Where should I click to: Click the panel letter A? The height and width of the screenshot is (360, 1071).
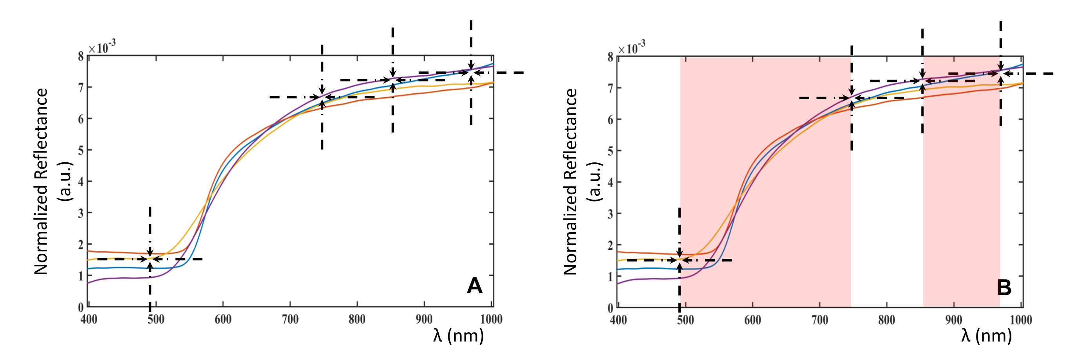474,286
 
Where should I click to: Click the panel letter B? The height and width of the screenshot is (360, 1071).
1004,287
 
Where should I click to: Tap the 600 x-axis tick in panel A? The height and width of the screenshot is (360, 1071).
223,319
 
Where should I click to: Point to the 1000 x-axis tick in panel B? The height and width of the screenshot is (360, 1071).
1021,320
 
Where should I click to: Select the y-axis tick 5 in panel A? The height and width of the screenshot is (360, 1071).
81,150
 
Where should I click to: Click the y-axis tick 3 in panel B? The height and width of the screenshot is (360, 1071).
610,214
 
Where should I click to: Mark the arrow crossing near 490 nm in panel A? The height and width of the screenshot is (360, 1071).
150,259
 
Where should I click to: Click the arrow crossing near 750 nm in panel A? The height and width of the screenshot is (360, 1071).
322,97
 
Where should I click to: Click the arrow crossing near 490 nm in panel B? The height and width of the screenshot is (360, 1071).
679,260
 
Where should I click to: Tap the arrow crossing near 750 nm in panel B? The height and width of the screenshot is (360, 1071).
851,98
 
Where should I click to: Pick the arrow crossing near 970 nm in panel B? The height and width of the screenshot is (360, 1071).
1000,74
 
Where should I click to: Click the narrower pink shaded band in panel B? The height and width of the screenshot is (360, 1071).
961,187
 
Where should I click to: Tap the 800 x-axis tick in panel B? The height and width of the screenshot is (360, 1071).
886,320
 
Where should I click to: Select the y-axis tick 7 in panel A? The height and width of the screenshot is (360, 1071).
81,87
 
